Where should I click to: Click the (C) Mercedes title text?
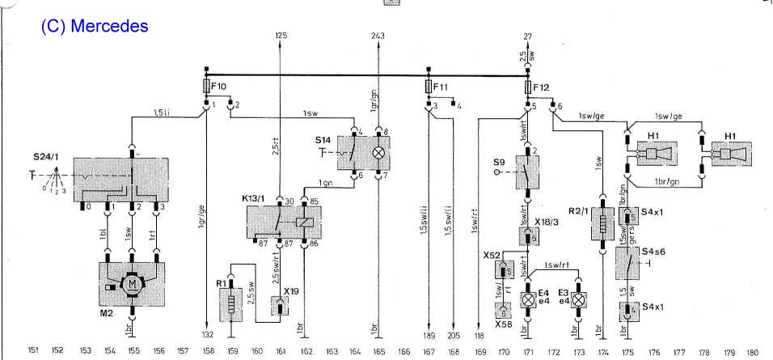(x=95, y=26)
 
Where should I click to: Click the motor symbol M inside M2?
(x=132, y=283)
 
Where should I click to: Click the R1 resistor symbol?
(x=232, y=307)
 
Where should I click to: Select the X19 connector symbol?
(x=280, y=306)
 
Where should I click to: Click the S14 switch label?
(x=324, y=139)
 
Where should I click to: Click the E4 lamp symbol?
(x=528, y=299)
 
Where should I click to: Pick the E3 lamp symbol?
(x=577, y=299)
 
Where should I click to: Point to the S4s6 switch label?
(x=653, y=254)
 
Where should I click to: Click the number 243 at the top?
(x=378, y=36)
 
